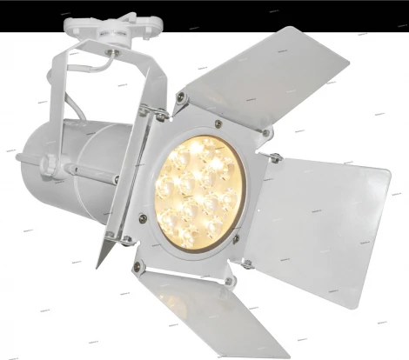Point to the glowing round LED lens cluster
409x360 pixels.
pyautogui.click(x=198, y=192)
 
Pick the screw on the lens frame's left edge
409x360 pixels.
pyautogui.click(x=142, y=217)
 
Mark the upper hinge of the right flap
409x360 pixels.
pyautogui.click(x=273, y=158)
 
